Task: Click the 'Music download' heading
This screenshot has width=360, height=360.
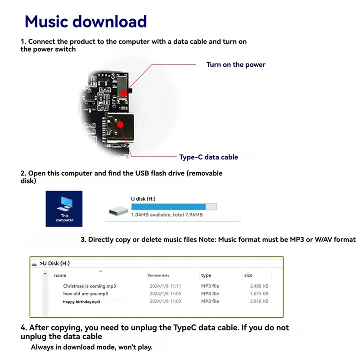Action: coord(85,21)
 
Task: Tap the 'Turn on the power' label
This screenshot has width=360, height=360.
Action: coord(236,65)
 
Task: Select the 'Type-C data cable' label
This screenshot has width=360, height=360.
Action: coord(208,157)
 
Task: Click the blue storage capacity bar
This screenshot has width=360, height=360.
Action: coord(168,207)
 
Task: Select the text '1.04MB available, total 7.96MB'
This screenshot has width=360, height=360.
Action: coord(166,215)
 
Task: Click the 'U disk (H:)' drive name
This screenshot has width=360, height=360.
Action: coord(143,198)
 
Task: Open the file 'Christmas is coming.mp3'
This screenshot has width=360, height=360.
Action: coord(90,286)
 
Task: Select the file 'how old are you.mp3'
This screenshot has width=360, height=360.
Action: coord(85,294)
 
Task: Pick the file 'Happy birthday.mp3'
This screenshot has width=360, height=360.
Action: coord(81,302)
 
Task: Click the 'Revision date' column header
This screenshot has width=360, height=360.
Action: coord(158,275)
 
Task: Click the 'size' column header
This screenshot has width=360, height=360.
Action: coord(248,275)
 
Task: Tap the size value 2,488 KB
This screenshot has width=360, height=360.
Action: coord(259,286)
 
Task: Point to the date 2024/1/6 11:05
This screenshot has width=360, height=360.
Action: coord(165,294)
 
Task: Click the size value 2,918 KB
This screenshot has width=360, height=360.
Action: coord(259,301)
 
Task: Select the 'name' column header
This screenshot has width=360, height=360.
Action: coord(60,275)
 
